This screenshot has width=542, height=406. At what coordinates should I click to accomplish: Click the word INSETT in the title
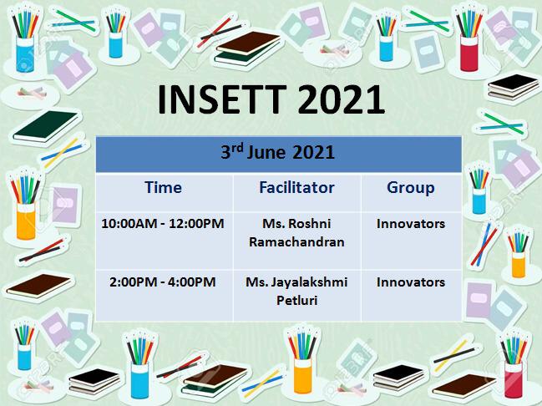click(x=222, y=99)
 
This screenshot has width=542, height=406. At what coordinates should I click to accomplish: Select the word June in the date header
click(x=266, y=152)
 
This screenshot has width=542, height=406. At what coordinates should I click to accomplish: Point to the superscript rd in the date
click(x=237, y=148)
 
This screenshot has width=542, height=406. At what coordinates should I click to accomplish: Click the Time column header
click(x=163, y=187)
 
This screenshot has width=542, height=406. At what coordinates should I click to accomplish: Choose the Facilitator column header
click(x=296, y=187)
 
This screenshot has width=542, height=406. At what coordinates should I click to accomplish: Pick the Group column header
click(x=411, y=188)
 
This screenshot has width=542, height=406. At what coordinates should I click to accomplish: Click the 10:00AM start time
click(x=129, y=223)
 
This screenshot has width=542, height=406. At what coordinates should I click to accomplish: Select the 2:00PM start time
click(x=133, y=282)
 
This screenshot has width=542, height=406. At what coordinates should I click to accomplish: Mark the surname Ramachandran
click(x=296, y=242)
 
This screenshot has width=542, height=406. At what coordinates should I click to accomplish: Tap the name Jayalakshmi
click(x=309, y=282)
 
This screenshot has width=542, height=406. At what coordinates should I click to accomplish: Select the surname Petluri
click(x=297, y=300)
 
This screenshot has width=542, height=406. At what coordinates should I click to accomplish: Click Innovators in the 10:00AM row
click(x=411, y=224)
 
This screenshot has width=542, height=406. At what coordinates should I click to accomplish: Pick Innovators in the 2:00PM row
click(x=411, y=282)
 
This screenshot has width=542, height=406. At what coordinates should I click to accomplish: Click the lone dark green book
click(x=45, y=126)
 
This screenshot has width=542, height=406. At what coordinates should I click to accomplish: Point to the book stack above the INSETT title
click(x=248, y=49)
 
